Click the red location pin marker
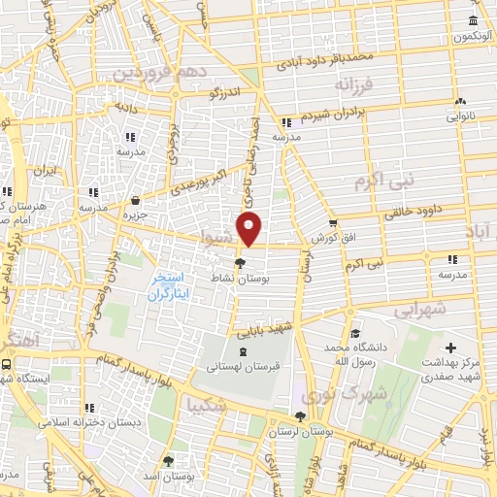250,229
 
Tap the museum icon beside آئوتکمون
473,21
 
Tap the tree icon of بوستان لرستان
300,415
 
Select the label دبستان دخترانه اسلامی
90,423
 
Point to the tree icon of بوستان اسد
168,461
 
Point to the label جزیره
134,215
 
